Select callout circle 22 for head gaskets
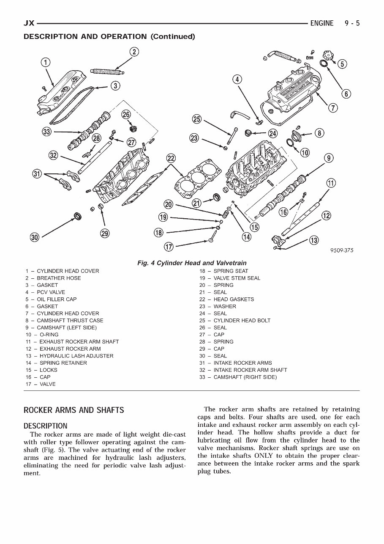pos(171,158)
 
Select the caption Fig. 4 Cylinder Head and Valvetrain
pos(192,263)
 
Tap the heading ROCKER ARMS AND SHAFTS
pos(74,410)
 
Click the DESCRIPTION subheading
pos(46,426)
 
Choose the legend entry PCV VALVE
pos(51,292)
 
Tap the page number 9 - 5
pos(351,23)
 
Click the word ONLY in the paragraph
pos(264,456)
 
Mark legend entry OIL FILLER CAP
pos(57,299)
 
